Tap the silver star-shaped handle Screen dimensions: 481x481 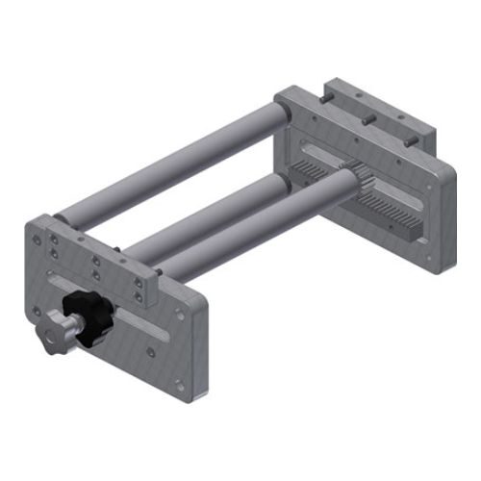50,337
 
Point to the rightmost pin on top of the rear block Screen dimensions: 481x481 409,141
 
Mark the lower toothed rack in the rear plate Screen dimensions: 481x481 394,216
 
